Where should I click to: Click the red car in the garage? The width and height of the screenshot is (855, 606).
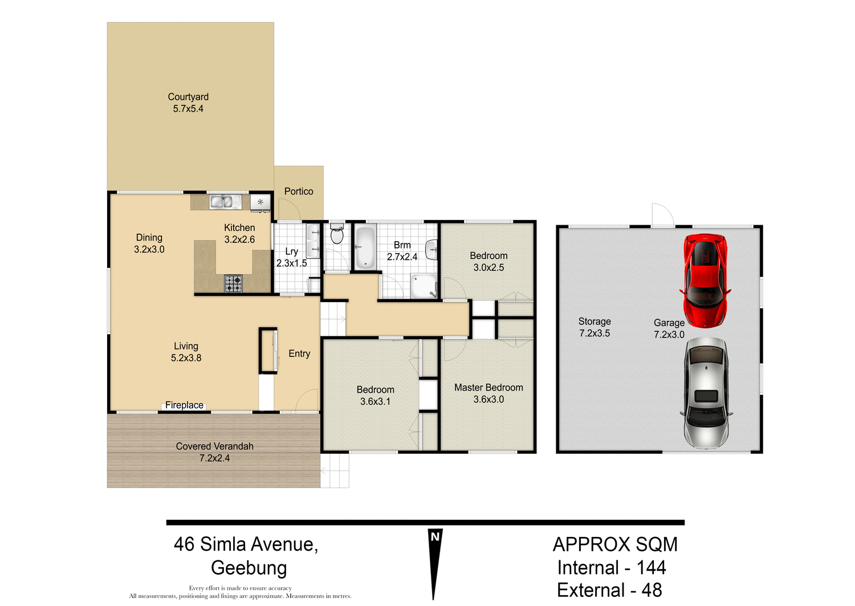coord(705,280)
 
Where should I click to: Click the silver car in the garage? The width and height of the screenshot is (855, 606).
coord(706,392)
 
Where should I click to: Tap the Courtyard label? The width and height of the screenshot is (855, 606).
coord(188,97)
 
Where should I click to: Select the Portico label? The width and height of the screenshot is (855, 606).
coord(299,192)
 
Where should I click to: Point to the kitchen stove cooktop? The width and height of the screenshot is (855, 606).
coord(233,283)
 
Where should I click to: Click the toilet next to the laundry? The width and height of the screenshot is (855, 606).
coord(337,234)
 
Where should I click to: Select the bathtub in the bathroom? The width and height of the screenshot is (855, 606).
coord(365,247)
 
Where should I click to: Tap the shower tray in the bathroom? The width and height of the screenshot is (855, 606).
coord(424,286)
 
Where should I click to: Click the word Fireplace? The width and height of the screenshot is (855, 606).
coord(184,405)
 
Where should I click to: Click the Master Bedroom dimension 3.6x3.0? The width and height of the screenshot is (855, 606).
coord(488,400)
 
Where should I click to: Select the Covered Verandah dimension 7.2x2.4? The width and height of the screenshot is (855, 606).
coord(214,458)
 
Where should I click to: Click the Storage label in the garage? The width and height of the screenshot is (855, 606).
coord(595,322)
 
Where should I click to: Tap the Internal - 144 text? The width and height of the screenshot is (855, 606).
coord(611,568)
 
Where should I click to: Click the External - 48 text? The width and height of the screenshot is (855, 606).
coord(609,591)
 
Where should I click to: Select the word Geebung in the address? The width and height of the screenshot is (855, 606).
coord(249,568)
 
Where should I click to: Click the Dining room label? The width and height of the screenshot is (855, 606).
coord(149,238)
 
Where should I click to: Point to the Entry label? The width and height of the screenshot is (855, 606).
coord(299,354)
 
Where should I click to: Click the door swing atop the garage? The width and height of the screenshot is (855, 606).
coord(662,215)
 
